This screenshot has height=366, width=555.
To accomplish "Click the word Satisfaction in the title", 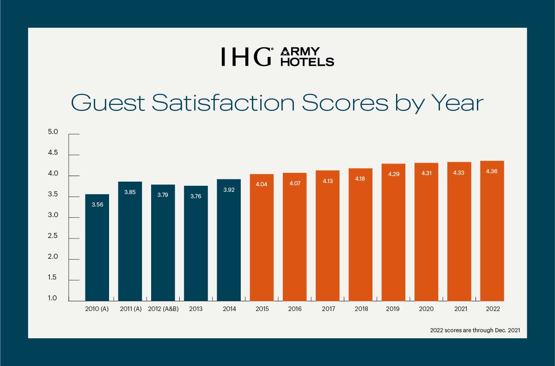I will coord(223,103).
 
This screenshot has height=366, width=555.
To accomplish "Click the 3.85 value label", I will coord(130,192).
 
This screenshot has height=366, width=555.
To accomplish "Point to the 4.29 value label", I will coord(393,174).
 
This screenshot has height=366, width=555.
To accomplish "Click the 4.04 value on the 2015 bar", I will coord(262,184).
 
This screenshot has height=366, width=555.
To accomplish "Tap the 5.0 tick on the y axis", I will coord(53,132).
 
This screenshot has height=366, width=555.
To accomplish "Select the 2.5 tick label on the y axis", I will coord(53,236).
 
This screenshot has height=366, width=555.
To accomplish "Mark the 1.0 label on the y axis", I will coord(53,299).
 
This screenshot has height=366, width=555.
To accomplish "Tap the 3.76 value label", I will coord(196,196).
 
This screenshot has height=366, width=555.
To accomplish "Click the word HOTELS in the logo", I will coord(307,61).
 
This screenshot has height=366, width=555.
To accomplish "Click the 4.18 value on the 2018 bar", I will coord(360,179).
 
